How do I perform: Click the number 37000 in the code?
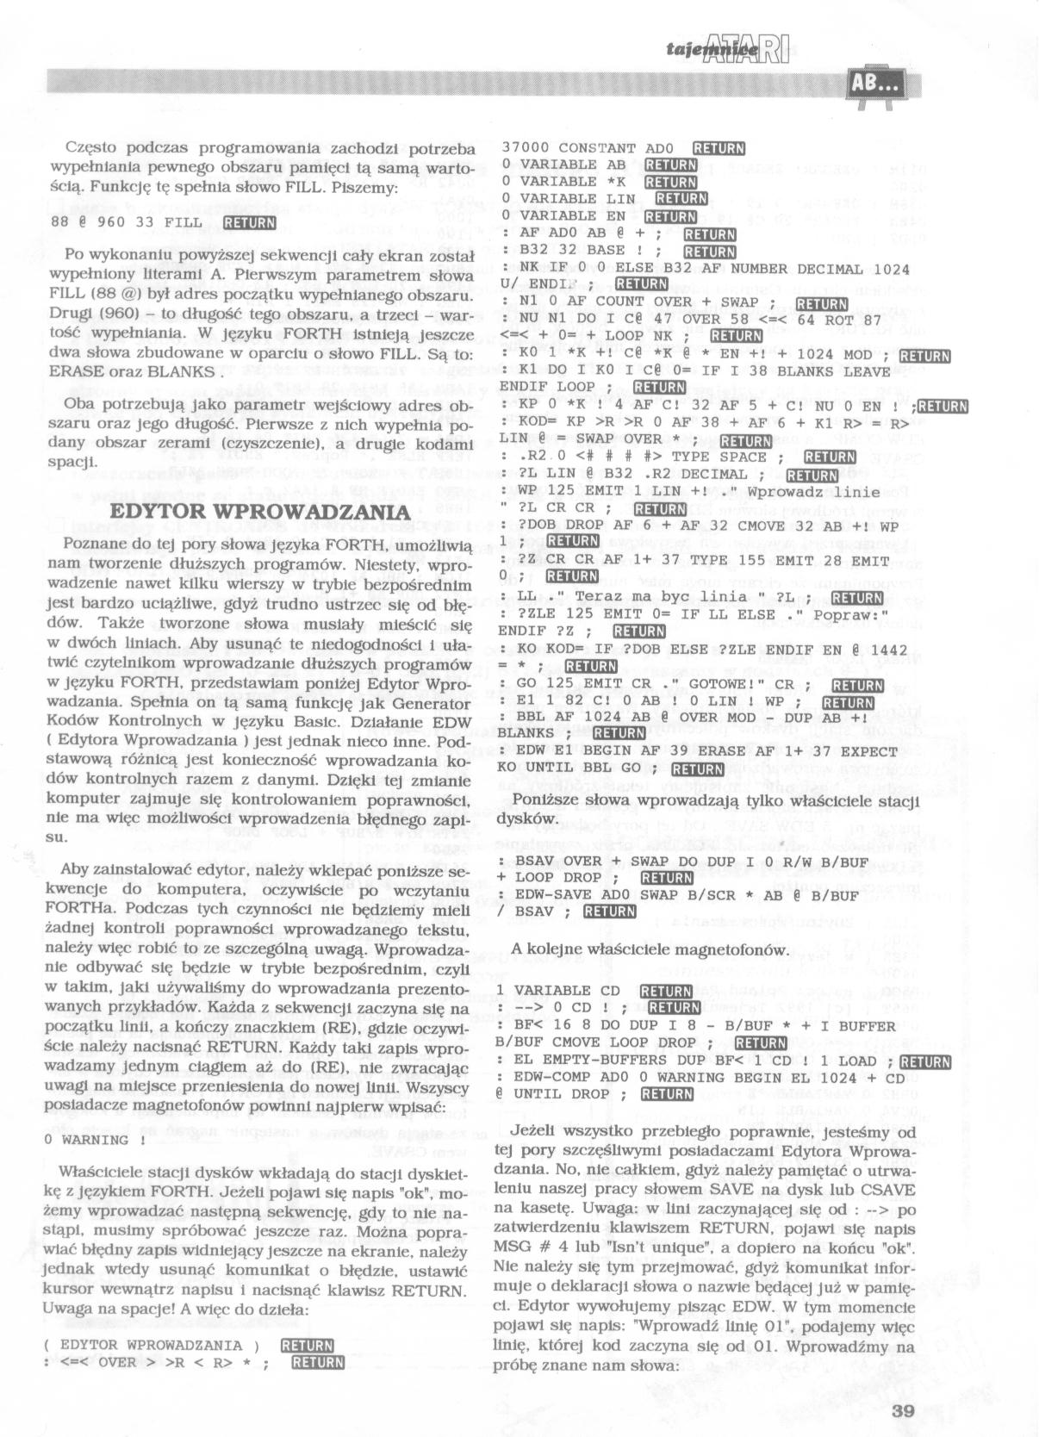(526, 148)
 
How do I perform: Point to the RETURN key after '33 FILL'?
(248, 224)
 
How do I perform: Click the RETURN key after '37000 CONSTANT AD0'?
(719, 148)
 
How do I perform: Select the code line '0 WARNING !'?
(87, 1140)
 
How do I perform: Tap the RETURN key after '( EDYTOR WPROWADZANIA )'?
(308, 1345)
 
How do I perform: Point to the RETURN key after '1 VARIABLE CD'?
(667, 991)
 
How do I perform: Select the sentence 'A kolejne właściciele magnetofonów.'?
(649, 949)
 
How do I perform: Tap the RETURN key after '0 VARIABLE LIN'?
(681, 199)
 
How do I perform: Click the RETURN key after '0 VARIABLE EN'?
(669, 216)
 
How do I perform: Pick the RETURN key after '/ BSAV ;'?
(609, 912)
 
